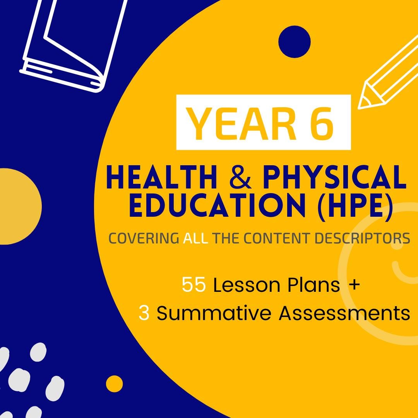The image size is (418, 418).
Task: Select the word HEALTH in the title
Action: tap(162, 178)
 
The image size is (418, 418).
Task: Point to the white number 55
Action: tap(194, 285)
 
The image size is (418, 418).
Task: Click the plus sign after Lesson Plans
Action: tap(354, 285)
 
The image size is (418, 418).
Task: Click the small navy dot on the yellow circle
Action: tap(295, 41)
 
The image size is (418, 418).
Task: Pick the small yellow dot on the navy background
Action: tap(115, 384)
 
